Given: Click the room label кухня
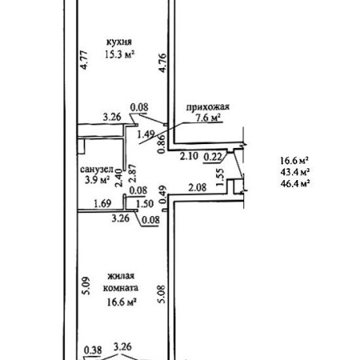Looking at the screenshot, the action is tap(119, 42).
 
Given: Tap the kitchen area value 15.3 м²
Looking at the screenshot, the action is tap(120, 54).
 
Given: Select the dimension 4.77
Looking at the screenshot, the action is tap(85, 59).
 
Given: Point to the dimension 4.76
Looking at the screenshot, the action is tap(163, 63).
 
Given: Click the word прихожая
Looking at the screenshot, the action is tap(207, 107).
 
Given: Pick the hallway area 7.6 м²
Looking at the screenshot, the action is tap(208, 118).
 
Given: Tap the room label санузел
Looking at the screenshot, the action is tap(96, 170).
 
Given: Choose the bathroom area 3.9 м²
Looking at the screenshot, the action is tap(96, 180).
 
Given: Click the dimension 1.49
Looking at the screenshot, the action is tap(146, 135).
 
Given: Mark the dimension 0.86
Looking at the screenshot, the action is tap(162, 144).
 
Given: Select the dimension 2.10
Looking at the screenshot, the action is tap(189, 157).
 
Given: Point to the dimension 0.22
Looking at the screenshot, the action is tap(213, 157).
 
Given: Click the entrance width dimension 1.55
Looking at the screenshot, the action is tap(221, 177).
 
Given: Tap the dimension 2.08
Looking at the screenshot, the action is tap(197, 187).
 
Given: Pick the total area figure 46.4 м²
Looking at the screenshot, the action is tap(295, 183).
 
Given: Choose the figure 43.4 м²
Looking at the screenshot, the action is tap(295, 172).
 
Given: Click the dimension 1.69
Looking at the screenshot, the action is tap(103, 203).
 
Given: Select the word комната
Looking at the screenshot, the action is tap(121, 288).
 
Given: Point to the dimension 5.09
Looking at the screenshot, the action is tap(87, 286).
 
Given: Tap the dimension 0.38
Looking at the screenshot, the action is tap(93, 350).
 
